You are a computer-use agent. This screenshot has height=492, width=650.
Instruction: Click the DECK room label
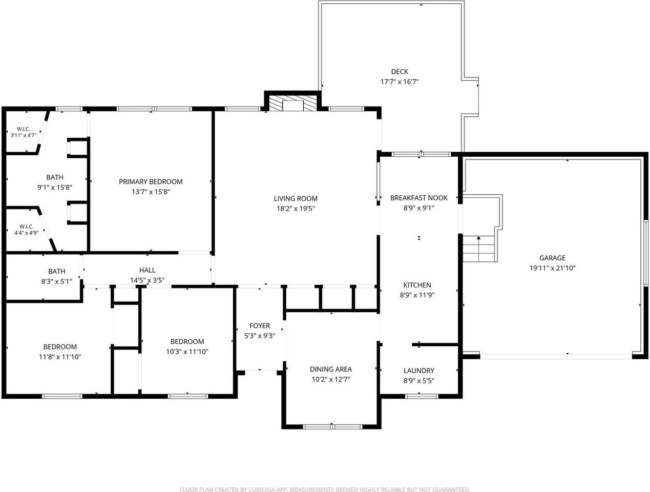(x=400, y=72)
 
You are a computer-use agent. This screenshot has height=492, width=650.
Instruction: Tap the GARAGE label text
(x=552, y=258)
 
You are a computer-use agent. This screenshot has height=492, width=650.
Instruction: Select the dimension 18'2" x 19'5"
(x=296, y=209)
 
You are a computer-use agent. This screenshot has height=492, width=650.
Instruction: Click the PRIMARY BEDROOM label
(x=151, y=181)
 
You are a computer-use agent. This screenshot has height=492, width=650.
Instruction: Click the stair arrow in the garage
(x=478, y=249)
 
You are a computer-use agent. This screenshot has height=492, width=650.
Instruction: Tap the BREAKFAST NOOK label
(x=418, y=198)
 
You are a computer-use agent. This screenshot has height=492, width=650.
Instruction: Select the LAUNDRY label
(x=418, y=371)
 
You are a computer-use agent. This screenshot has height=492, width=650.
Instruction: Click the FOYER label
(x=260, y=326)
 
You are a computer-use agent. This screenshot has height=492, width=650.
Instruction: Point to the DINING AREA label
(x=331, y=370)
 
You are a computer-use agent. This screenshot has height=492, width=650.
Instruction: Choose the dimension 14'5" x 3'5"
(x=147, y=280)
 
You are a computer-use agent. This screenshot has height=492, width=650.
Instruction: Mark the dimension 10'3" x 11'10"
(x=187, y=352)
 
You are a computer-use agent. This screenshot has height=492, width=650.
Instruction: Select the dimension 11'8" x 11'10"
(x=60, y=357)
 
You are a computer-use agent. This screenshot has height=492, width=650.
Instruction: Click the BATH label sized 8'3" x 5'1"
(x=57, y=271)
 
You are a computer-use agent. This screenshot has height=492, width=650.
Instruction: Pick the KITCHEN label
(x=417, y=285)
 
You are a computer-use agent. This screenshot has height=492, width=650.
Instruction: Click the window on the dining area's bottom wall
(x=332, y=427)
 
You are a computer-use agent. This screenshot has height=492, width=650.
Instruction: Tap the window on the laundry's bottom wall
(x=422, y=396)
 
